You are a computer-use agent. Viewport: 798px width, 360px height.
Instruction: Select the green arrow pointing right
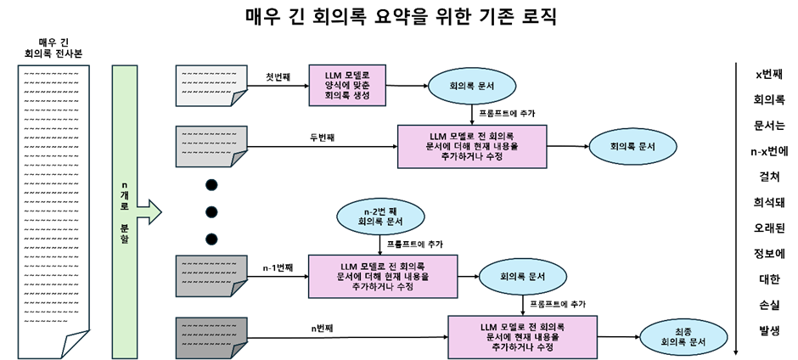[x=149, y=211]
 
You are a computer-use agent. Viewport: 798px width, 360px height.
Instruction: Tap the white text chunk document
[x=211, y=86]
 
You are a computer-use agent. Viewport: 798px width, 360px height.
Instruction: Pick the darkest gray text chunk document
[x=211, y=338]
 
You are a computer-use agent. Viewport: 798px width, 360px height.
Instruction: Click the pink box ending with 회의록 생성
[x=347, y=86]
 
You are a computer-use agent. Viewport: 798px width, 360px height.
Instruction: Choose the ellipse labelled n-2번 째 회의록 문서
[x=380, y=217]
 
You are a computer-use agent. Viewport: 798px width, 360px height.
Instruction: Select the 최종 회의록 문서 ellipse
[x=683, y=337]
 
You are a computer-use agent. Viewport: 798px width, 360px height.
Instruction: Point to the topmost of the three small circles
[x=211, y=184]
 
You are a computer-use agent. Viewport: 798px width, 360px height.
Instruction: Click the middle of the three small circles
[x=211, y=211]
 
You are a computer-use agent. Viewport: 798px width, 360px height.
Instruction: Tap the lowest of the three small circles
[x=211, y=239]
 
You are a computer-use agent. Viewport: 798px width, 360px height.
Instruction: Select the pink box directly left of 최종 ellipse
[x=522, y=337]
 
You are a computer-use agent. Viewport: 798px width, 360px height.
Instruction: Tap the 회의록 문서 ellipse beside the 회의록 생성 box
[x=473, y=87]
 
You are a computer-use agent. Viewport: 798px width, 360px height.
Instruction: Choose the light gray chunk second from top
[x=211, y=147]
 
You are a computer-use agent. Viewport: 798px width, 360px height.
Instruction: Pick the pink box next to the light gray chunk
[x=472, y=147]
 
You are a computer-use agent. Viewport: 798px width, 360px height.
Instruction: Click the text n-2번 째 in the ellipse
[x=380, y=211]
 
